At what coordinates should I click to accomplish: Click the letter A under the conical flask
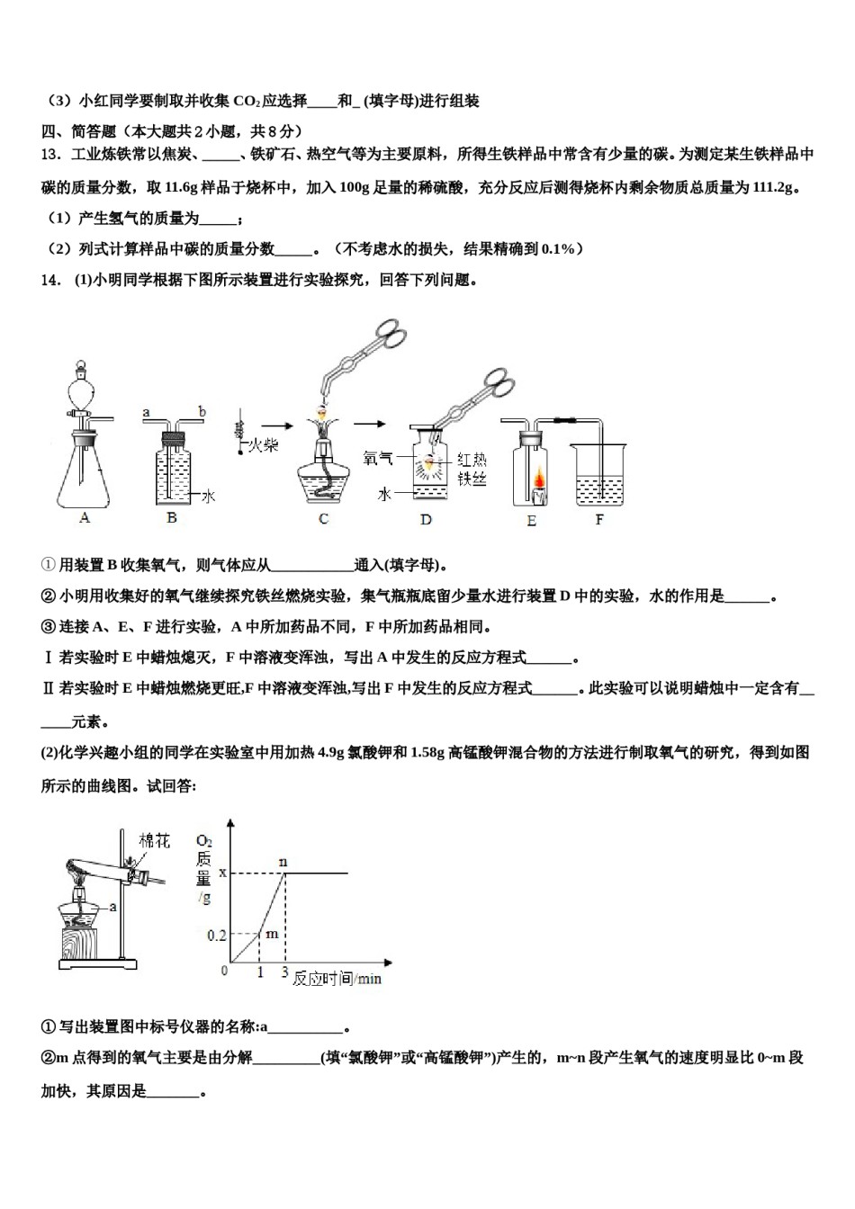click(85, 517)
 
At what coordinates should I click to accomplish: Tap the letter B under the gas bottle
click(172, 517)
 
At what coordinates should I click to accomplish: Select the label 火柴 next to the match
click(263, 444)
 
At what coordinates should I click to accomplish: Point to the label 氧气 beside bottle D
click(378, 458)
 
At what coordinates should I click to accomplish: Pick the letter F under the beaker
click(599, 519)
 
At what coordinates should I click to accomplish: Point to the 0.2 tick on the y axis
click(217, 935)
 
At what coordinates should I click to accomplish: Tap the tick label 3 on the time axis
click(285, 972)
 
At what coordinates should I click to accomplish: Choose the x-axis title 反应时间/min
click(337, 979)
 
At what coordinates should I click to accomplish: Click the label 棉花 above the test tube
click(154, 840)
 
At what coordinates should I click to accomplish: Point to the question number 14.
click(50, 280)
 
